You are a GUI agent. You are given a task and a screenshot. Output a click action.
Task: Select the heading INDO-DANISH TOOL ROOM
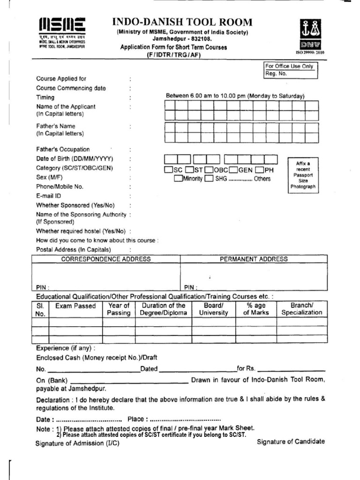click(x=182, y=22)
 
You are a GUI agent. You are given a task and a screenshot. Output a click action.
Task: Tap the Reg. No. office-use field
click(x=291, y=74)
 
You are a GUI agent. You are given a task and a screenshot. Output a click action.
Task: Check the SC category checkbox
click(x=168, y=170)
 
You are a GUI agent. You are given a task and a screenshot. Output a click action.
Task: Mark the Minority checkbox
click(x=178, y=179)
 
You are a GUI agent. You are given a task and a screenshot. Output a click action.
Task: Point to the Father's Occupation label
click(x=63, y=150)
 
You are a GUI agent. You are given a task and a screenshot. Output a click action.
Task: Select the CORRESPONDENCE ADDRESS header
click(x=106, y=259)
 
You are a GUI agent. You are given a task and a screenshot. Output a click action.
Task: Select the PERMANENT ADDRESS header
click(x=254, y=259)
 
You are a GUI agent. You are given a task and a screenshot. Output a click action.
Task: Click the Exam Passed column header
click(x=75, y=306)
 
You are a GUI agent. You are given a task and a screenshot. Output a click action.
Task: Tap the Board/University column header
click(x=213, y=309)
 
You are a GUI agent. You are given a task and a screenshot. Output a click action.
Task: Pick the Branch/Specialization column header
click(x=301, y=309)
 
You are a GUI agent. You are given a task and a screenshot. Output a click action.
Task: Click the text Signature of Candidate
click(x=291, y=442)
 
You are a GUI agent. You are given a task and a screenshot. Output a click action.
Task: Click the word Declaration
click(x=53, y=400)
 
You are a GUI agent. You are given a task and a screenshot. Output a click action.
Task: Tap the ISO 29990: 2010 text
click(x=309, y=52)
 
